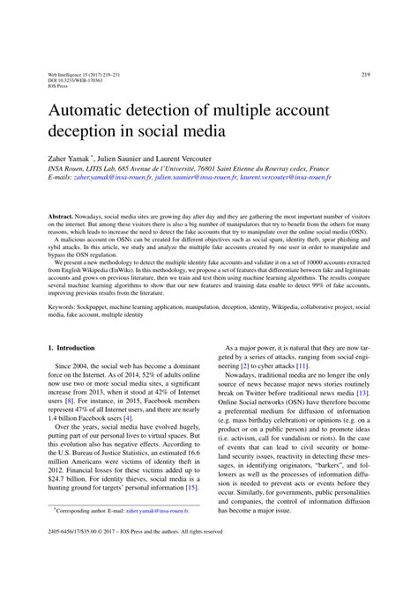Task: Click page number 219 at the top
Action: pyautogui.click(x=365, y=75)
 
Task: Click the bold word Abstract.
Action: pyautogui.click(x=62, y=216)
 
